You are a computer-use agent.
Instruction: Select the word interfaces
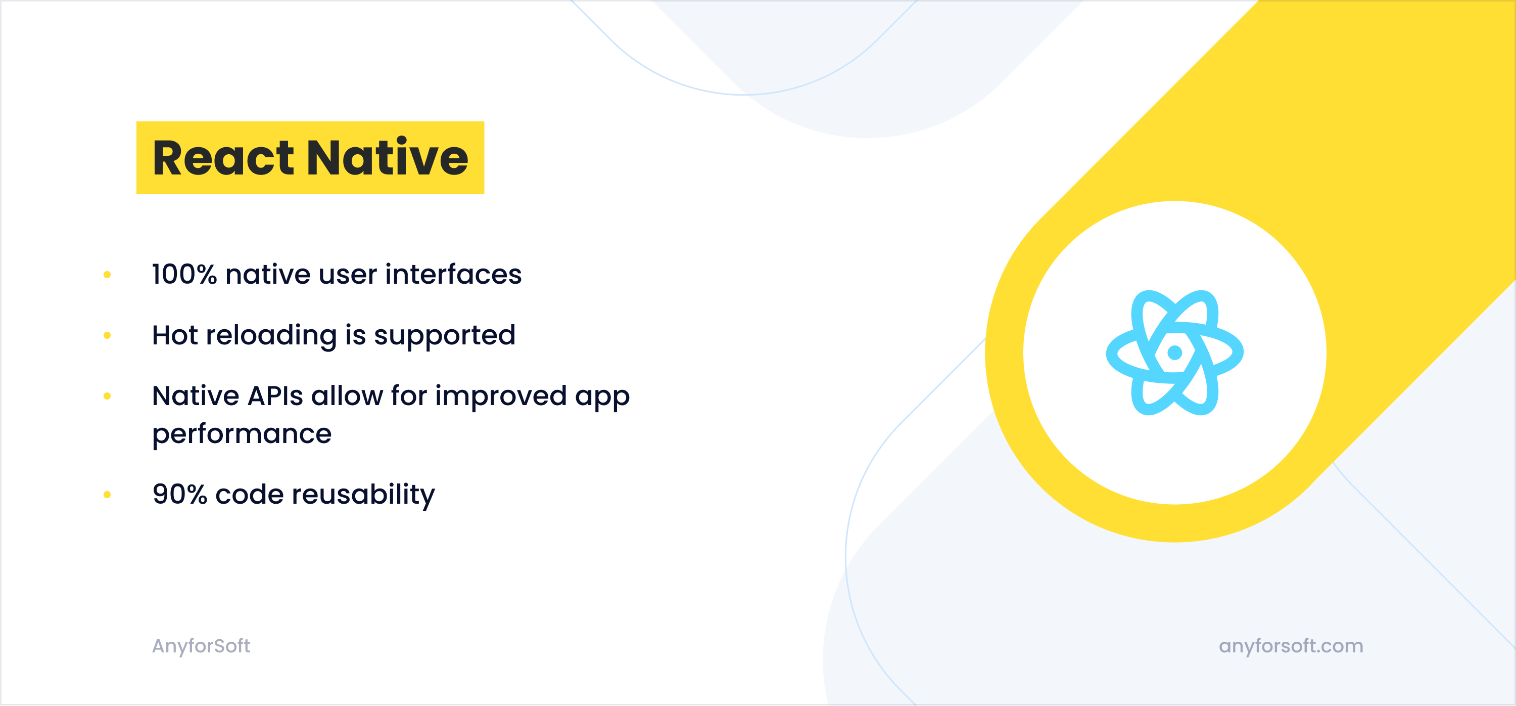tap(453, 275)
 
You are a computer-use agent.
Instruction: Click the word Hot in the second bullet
tap(175, 335)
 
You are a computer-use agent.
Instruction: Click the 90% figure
tap(179, 494)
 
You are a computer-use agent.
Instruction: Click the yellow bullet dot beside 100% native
tap(107, 275)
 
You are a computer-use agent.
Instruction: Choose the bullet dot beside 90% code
tap(107, 495)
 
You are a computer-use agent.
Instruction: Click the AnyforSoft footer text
tap(201, 646)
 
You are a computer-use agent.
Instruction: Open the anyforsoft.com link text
tap(1291, 646)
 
